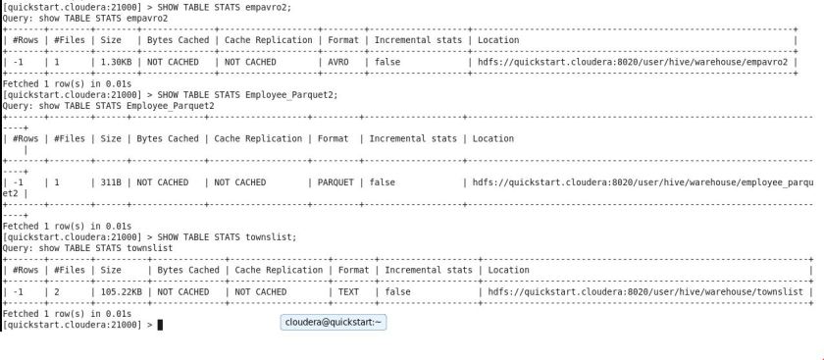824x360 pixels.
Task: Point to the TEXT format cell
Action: (348, 265)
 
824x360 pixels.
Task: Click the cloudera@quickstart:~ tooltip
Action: (333, 322)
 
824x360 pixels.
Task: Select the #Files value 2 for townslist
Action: (57, 265)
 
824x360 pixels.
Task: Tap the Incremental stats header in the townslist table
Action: (428, 243)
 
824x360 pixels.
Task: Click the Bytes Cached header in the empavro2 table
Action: (176, 40)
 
